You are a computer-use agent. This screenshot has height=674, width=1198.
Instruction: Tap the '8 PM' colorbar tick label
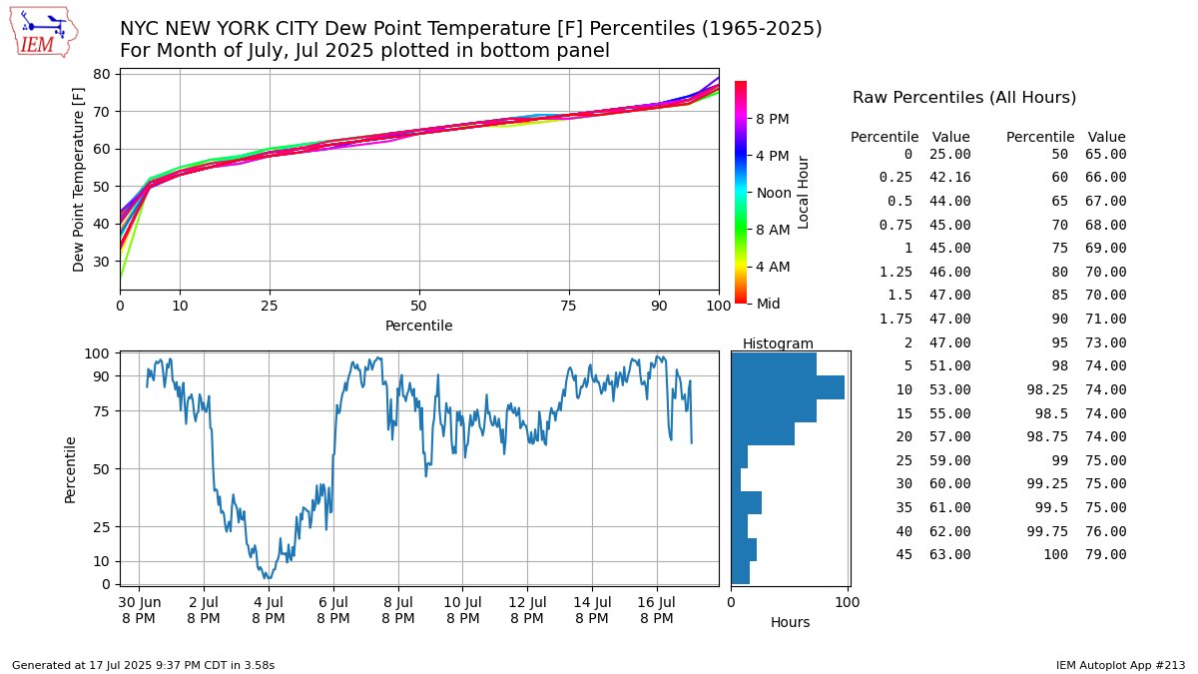tap(773, 119)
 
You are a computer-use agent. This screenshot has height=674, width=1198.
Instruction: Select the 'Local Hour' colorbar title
tap(804, 192)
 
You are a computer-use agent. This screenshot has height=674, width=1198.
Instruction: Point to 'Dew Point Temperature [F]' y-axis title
tap(79, 180)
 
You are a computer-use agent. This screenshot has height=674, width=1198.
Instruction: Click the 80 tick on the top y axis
tap(101, 74)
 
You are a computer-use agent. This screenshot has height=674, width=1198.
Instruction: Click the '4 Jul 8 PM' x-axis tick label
tap(269, 610)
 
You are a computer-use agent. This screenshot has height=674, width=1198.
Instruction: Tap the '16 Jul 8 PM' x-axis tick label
tap(657, 610)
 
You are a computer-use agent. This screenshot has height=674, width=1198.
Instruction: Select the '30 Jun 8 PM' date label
tap(139, 610)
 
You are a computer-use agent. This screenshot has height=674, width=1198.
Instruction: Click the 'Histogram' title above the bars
tap(778, 343)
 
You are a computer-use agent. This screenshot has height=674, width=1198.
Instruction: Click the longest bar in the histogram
tap(788, 387)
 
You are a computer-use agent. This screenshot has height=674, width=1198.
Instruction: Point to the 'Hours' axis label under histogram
tap(790, 622)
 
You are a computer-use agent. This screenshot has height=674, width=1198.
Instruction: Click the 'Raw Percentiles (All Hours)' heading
tap(963, 98)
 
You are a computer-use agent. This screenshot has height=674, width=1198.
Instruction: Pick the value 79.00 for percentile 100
tap(1106, 554)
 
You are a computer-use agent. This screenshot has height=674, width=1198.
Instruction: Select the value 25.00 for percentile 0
tap(950, 154)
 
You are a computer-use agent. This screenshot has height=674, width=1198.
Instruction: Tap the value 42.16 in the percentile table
tap(950, 177)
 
